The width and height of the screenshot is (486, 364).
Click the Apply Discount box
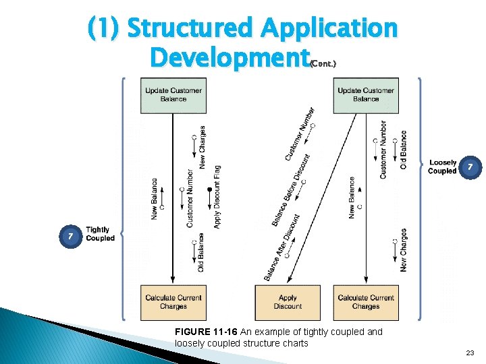click(x=288, y=302)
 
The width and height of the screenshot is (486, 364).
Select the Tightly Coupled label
click(x=101, y=234)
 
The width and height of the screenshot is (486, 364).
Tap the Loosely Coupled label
click(x=442, y=166)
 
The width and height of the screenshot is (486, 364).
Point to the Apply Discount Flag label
click(x=217, y=196)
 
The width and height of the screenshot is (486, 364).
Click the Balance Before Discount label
click(x=292, y=190)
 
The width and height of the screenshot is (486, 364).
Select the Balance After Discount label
click(x=282, y=247)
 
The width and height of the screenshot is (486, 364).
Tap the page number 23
click(x=470, y=353)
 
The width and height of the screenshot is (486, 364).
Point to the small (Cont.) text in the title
click(x=323, y=63)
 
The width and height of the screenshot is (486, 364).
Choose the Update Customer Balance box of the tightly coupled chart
click(x=173, y=95)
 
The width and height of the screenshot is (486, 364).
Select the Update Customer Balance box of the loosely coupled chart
click(x=365, y=95)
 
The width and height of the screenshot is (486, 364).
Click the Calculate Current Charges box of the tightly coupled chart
click(x=173, y=302)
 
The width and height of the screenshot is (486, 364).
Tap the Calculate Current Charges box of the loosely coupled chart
click(x=365, y=302)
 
